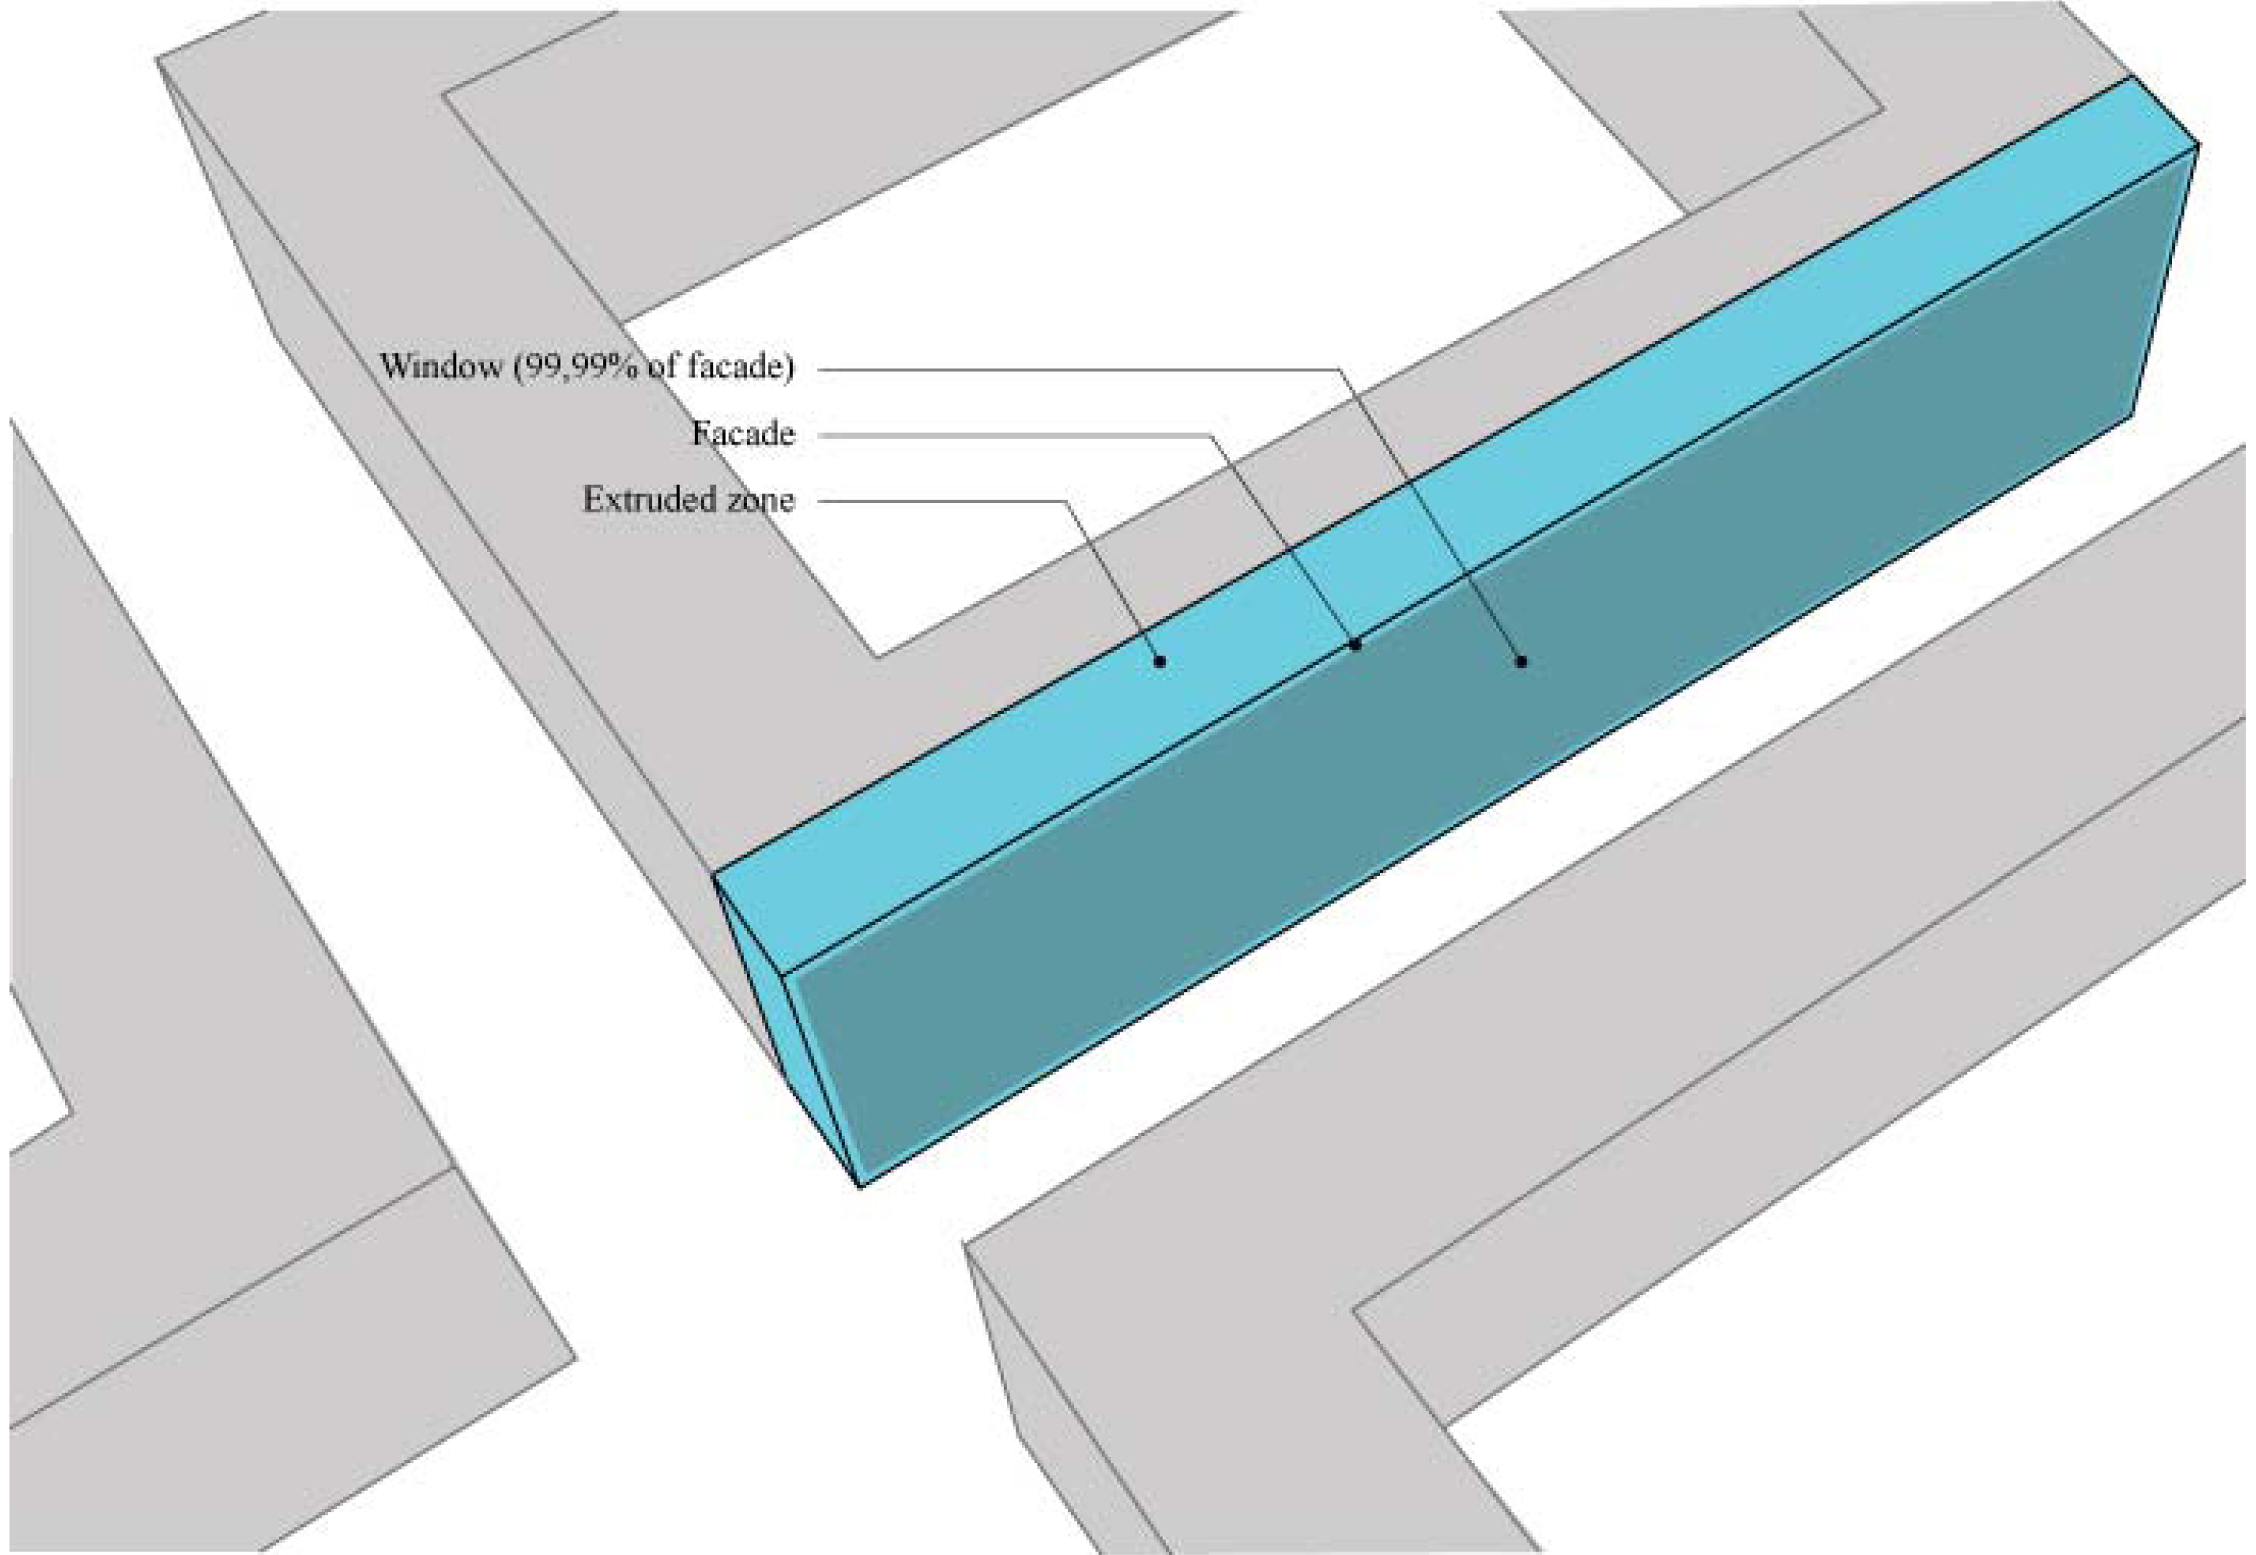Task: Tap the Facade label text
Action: point(743,434)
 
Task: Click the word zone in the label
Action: point(761,500)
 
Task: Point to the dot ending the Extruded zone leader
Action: point(1159,661)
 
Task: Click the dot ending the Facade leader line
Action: point(1354,644)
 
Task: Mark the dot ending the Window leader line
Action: point(1521,661)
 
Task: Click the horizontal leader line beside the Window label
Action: point(1072,369)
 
